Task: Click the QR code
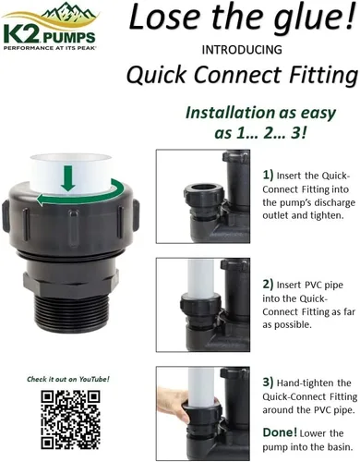(70, 419)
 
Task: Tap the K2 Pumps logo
(51, 26)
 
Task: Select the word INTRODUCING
(242, 50)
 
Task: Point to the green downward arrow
(68, 177)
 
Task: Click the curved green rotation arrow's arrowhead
(42, 201)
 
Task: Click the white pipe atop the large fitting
(70, 174)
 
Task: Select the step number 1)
(268, 175)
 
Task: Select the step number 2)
(268, 284)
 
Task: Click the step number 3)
(268, 383)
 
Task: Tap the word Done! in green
(280, 432)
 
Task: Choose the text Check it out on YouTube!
(68, 379)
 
